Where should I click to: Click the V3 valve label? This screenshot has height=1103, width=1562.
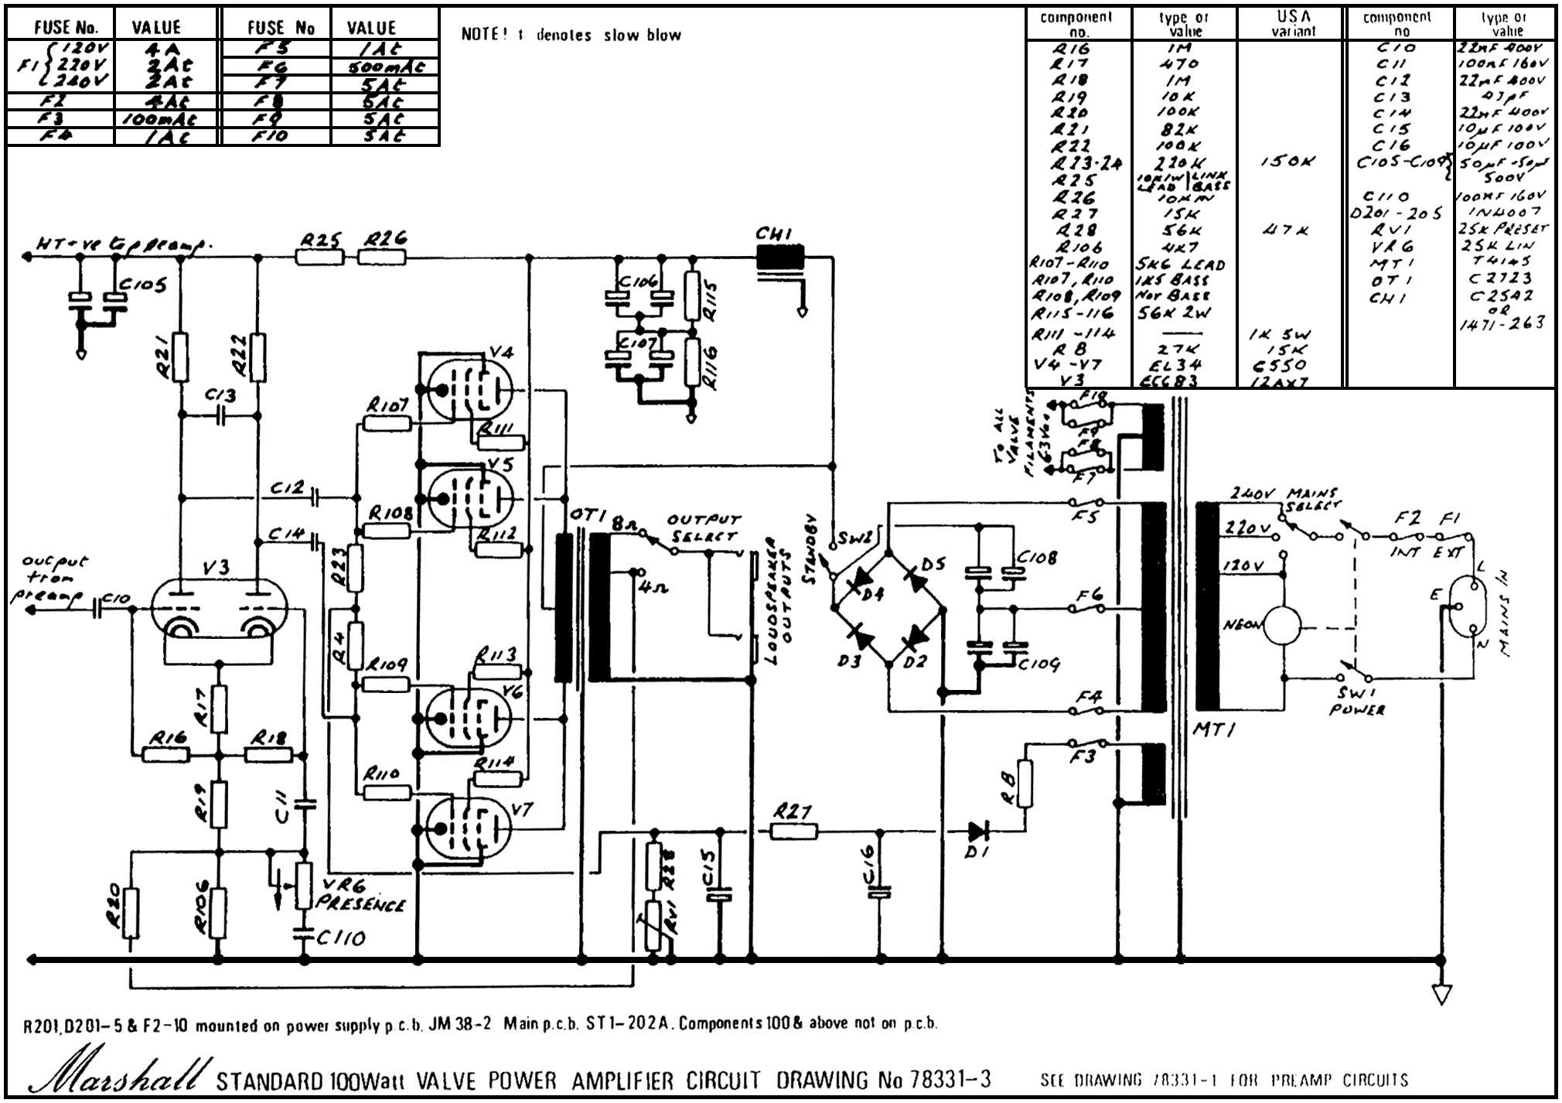pos(217,568)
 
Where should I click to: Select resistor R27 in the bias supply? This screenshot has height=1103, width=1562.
pos(794,831)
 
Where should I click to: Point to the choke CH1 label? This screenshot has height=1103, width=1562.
pos(774,234)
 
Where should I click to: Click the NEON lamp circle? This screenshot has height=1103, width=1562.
pos(1281,625)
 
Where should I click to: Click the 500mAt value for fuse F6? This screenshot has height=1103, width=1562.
pos(385,67)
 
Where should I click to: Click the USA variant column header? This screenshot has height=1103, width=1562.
pos(1293,23)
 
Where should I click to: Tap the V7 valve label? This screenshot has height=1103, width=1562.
pos(522,810)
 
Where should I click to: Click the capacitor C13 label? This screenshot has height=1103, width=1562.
pos(220,395)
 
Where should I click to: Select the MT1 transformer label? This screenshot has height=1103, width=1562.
pos(1215,728)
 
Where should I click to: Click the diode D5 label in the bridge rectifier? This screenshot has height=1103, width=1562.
pos(933,564)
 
